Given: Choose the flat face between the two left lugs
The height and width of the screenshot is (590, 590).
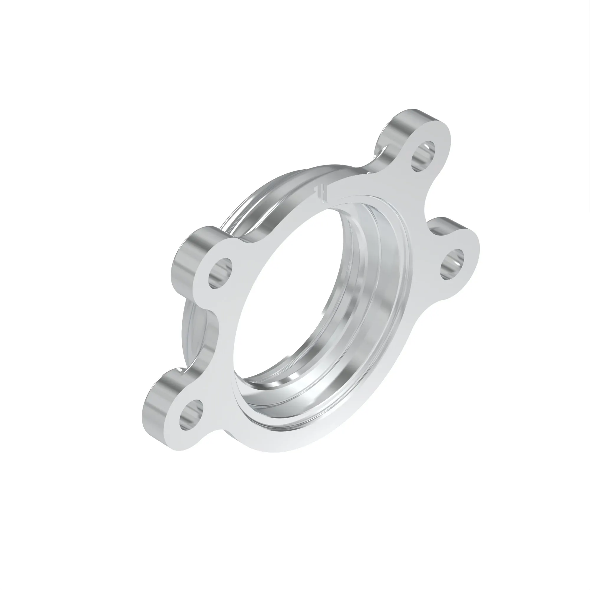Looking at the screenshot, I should pos(223,333).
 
